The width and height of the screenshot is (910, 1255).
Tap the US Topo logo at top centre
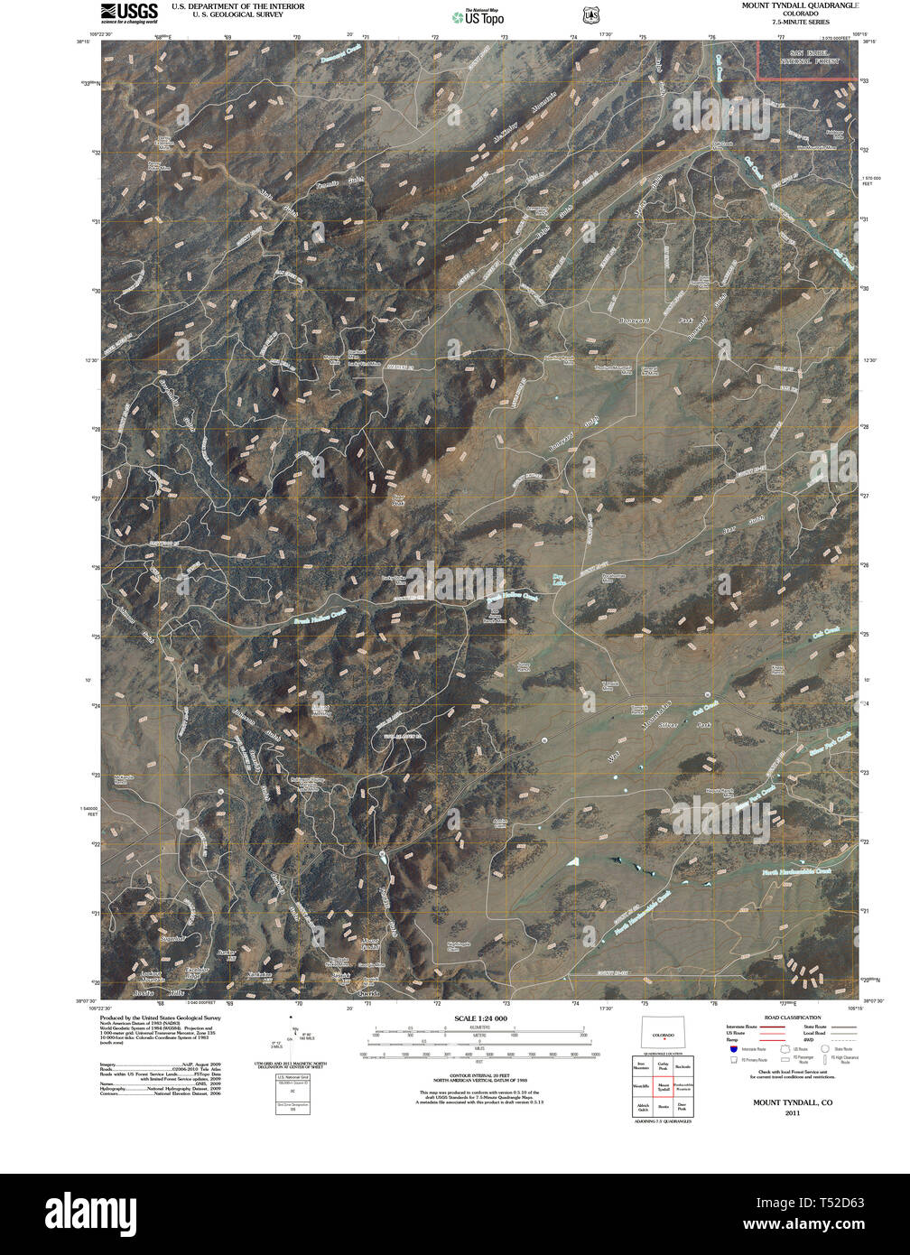[478, 16]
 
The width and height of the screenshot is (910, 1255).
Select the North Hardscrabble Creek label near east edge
[806, 872]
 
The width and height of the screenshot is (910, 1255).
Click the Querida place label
[363, 993]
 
